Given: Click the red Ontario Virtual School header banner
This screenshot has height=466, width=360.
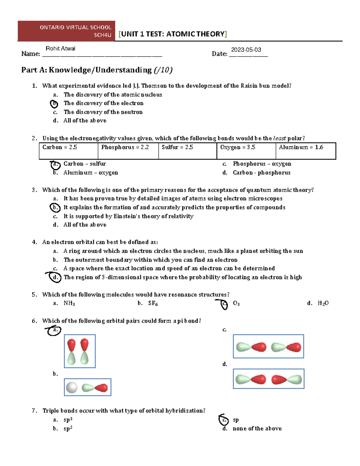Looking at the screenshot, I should [66, 31].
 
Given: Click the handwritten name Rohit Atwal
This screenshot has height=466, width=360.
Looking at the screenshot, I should [60, 49].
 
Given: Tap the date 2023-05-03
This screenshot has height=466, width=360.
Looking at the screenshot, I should [246, 50].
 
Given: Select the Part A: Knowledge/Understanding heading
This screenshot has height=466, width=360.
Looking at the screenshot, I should [97, 70].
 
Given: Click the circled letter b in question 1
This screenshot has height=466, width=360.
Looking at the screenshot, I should [54, 104].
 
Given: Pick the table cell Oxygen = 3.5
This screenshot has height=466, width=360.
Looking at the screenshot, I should [238, 147].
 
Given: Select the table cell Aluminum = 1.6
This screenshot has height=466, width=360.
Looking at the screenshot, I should [301, 147].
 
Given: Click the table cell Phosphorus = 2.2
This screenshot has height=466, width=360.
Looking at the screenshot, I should [125, 147].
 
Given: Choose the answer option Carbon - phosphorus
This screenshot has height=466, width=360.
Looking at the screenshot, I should [261, 173].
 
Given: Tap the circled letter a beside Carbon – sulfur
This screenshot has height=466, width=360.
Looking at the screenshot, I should [55, 164].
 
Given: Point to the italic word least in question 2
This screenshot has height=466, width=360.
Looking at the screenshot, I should [280, 138].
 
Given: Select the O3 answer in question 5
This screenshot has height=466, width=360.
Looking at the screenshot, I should [236, 303].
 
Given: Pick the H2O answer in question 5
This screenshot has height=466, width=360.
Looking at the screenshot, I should [323, 303].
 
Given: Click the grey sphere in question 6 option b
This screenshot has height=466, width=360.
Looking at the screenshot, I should [72, 387].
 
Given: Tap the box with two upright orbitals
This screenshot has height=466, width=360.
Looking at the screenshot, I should [80, 351].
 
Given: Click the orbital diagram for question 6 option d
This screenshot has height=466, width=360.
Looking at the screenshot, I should [268, 379].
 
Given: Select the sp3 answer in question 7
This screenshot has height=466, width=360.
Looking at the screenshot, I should [68, 420].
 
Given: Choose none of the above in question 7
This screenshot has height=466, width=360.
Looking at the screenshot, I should [257, 429].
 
